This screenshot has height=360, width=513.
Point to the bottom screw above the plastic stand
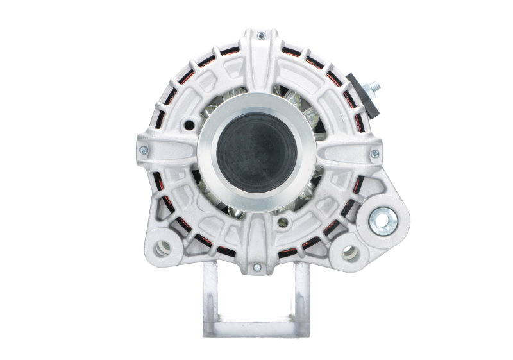click(256, 266)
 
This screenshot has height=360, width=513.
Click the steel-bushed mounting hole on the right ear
click(383, 223)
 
